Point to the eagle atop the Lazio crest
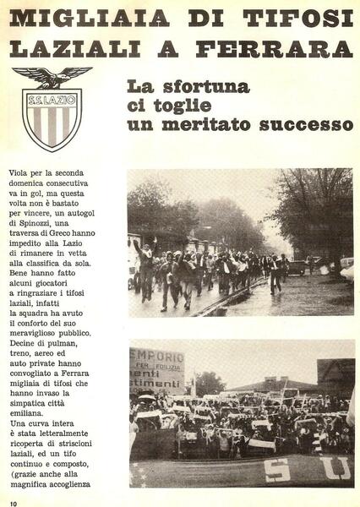[x=52, y=77]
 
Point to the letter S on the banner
[x=276, y=470]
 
